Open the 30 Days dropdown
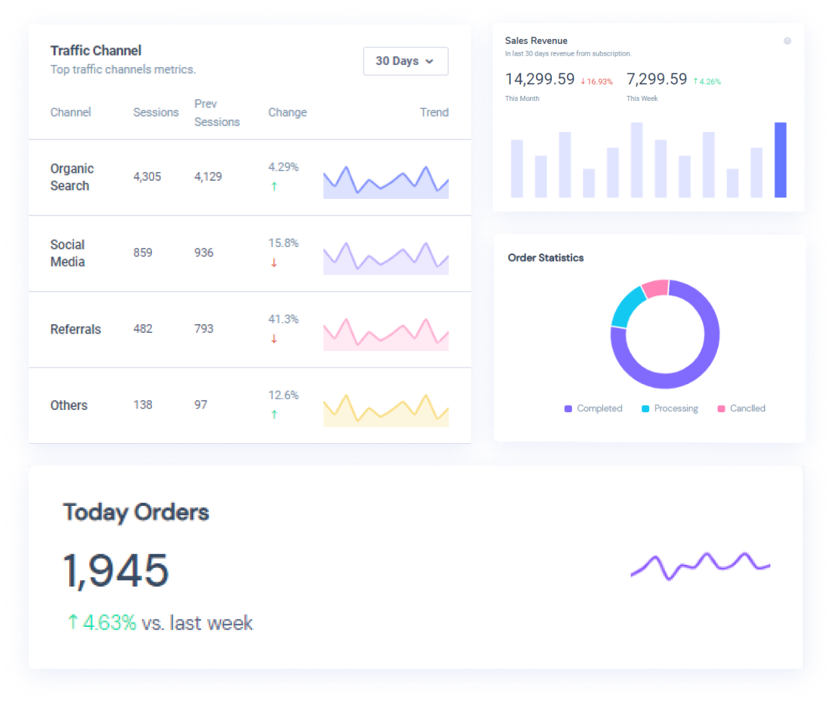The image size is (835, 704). click(405, 61)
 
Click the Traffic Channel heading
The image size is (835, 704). click(96, 50)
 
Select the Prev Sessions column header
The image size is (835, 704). click(216, 112)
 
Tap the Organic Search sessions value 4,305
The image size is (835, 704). click(147, 177)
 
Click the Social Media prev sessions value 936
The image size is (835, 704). click(204, 253)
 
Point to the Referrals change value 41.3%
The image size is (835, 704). click(283, 319)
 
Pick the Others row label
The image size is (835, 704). click(69, 406)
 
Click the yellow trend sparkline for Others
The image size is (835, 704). click(385, 411)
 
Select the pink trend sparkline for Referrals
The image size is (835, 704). click(385, 334)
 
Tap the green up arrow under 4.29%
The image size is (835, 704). click(274, 187)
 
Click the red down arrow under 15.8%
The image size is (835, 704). click(274, 263)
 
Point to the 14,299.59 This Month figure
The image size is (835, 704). click(540, 79)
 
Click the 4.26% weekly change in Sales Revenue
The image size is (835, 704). click(710, 81)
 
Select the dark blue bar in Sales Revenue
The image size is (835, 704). click(780, 160)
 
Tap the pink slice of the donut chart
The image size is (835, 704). click(655, 288)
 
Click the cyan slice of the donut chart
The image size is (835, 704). click(626, 306)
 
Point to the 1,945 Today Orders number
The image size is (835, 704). click(116, 571)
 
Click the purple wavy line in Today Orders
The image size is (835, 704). click(700, 566)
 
